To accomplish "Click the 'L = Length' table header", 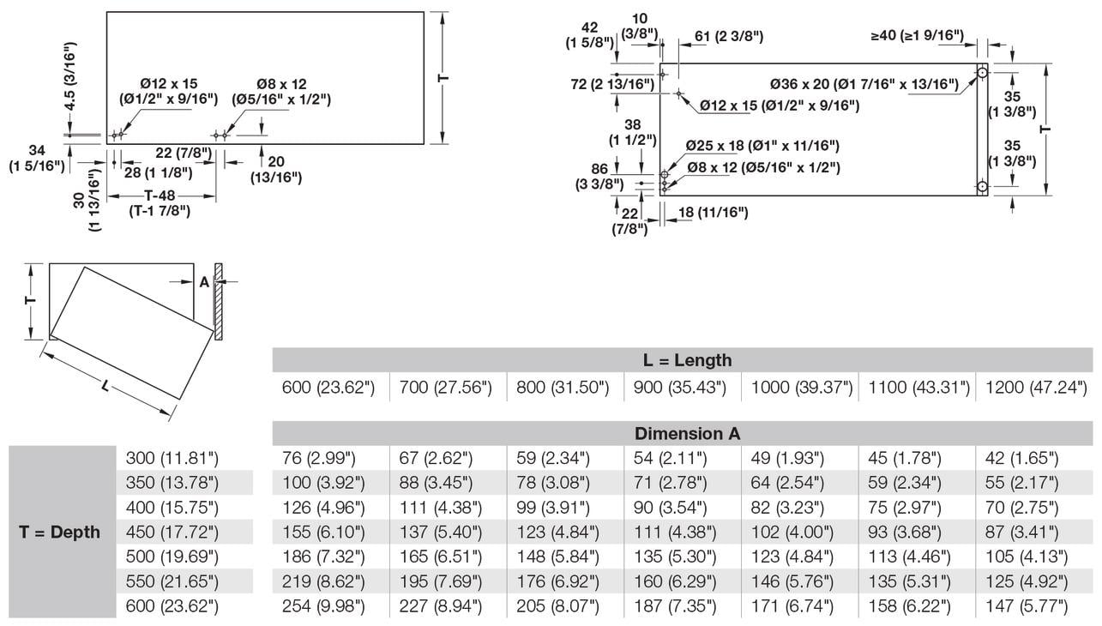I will click(x=687, y=360).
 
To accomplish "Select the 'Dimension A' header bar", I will click(x=687, y=433).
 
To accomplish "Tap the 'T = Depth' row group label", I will click(x=59, y=532).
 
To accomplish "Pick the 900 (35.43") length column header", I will click(x=680, y=388).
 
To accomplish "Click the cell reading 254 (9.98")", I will click(x=323, y=607).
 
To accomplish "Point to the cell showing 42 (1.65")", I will click(x=1022, y=458).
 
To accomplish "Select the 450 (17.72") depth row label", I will click(x=172, y=533).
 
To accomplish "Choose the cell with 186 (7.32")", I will click(x=323, y=557).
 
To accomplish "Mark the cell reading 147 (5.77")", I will click(x=1027, y=607).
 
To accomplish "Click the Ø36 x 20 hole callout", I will click(x=864, y=84).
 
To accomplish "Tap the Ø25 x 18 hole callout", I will click(x=762, y=147).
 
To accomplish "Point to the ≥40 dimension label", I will click(x=917, y=36).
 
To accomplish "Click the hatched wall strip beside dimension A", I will click(x=220, y=300).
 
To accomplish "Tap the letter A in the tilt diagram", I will click(x=204, y=282).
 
